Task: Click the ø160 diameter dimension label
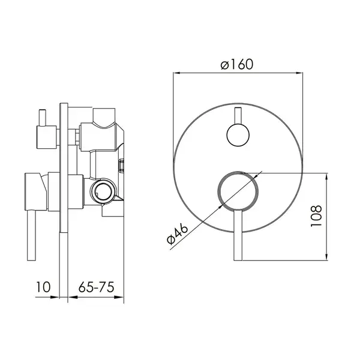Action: (237, 64)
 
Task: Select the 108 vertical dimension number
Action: (316, 216)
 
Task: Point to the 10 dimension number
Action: (43, 287)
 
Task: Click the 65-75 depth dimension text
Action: (96, 287)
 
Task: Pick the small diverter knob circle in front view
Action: (238, 135)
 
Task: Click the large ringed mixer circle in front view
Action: (238, 191)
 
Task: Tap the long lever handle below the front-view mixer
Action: (238, 235)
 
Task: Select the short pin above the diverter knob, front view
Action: (238, 115)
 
